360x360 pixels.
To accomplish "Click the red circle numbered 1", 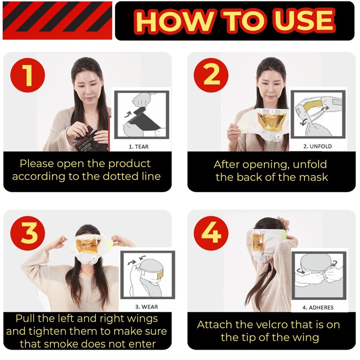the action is tap(27, 75).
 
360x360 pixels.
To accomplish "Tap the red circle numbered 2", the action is tap(211, 75).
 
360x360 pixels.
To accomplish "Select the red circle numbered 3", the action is tap(27, 233).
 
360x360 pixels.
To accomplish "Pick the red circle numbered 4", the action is tap(211, 233).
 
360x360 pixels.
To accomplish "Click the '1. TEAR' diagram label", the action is tap(139, 147).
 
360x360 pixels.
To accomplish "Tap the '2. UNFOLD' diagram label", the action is tap(318, 147).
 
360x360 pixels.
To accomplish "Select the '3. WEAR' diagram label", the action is tap(147, 307).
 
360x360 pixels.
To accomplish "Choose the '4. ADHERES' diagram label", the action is tap(318, 308).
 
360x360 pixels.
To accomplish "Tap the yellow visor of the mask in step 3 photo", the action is tap(88, 245).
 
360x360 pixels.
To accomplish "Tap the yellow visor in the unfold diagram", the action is tap(312, 105).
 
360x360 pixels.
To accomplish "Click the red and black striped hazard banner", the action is tap(58, 20).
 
